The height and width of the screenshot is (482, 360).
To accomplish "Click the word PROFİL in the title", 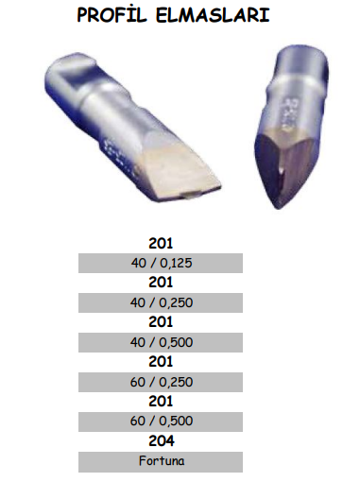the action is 111,15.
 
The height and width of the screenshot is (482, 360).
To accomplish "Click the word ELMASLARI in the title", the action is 213,15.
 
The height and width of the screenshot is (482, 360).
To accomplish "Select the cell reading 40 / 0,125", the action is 161,263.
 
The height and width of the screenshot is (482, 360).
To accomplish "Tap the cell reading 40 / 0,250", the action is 161,302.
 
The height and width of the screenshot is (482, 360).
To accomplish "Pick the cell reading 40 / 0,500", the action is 161,342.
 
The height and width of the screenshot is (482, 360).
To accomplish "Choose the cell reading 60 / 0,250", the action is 161,382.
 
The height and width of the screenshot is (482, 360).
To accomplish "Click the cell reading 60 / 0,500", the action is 161,422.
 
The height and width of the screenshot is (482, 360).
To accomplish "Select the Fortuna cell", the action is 161,462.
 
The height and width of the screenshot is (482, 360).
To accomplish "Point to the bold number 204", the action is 162,441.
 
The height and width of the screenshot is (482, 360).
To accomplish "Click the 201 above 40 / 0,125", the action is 161,243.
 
